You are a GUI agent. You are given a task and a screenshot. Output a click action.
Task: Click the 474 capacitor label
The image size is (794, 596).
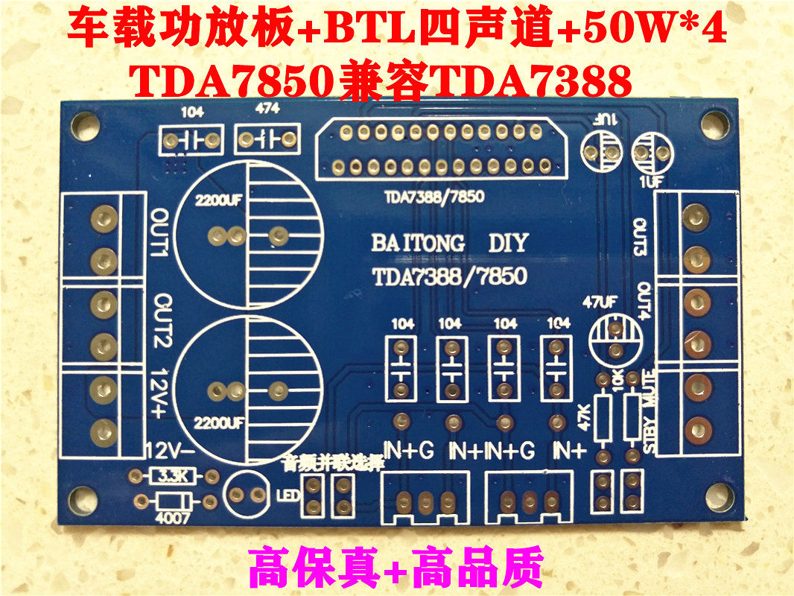tap(267, 109)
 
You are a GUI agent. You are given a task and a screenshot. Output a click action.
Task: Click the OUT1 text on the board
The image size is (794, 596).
tap(161, 235)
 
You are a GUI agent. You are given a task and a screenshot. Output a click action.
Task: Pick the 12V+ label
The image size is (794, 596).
tap(160, 396)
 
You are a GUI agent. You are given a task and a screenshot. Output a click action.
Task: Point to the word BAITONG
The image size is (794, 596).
tap(418, 244)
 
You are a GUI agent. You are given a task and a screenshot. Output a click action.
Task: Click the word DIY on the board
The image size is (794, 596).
tap(508, 243)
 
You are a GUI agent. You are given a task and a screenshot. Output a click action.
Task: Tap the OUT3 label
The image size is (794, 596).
tap(639, 236)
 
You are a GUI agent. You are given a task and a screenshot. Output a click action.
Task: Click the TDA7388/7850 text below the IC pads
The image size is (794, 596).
tap(433, 197)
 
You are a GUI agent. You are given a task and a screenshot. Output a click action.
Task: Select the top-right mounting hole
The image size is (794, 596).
tap(717, 122)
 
